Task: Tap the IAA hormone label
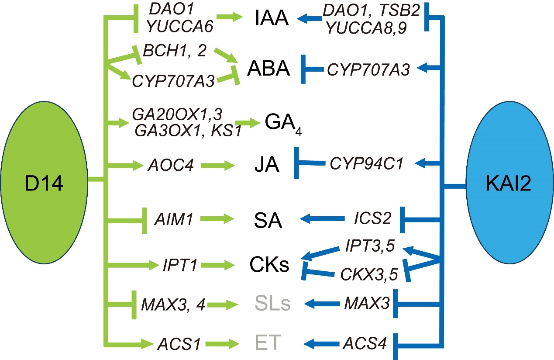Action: [x=272, y=20]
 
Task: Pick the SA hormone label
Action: [x=268, y=221]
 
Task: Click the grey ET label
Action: [x=267, y=343]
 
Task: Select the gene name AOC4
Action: [x=170, y=166]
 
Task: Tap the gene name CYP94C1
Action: [x=366, y=164]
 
